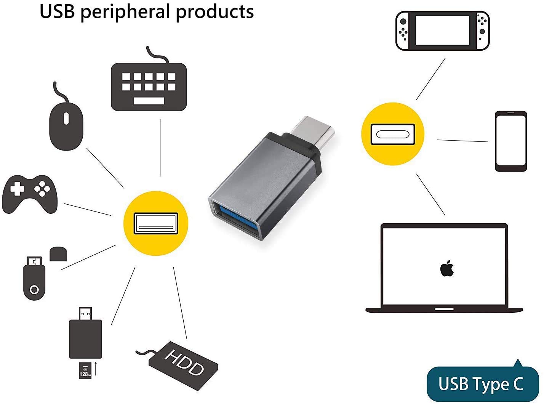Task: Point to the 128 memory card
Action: point(85,370)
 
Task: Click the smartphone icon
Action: point(510,141)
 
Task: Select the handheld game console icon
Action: point(442,31)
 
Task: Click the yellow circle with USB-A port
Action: point(156,223)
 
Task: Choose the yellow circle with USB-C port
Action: point(392,134)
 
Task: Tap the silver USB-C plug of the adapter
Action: point(312,131)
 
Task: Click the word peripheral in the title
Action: point(125,12)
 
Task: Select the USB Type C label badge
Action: point(481,384)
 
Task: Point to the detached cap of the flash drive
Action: point(58,254)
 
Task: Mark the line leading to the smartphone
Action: point(462,141)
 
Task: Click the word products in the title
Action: point(214,12)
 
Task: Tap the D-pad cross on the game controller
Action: point(17,188)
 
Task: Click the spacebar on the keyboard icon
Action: point(149,101)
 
